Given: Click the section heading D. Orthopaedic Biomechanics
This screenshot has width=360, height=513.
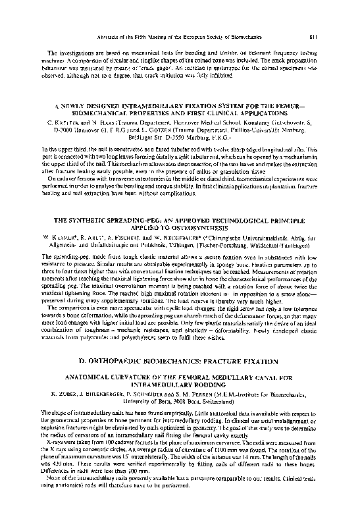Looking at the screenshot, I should (x=180, y=362).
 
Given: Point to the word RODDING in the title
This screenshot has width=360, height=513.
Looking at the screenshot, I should (x=215, y=386).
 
